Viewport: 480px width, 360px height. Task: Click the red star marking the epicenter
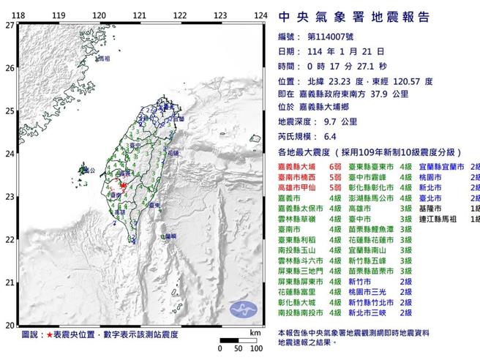tap(123, 186)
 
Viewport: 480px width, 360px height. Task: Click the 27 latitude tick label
tap(9, 24)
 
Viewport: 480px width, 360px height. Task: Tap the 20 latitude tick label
tap(9, 325)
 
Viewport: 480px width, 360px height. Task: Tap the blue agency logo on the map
tap(244, 309)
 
